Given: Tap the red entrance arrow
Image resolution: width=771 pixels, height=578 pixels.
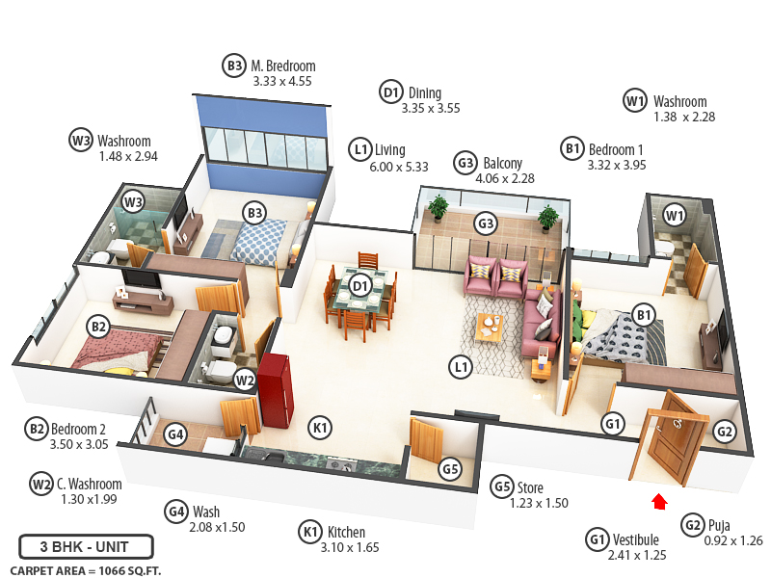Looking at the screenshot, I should pyautogui.click(x=660, y=500).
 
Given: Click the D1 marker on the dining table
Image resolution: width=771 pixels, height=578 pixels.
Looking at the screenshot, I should pyautogui.click(x=360, y=285).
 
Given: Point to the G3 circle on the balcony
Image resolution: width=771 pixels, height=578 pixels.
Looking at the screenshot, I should pyautogui.click(x=487, y=224).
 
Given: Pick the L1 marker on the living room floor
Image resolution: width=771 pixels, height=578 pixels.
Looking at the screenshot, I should pyautogui.click(x=462, y=366).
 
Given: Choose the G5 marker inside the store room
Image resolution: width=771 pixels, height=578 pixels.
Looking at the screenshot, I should pyautogui.click(x=450, y=470).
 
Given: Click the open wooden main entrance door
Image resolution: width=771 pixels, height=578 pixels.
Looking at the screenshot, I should pyautogui.click(x=667, y=438).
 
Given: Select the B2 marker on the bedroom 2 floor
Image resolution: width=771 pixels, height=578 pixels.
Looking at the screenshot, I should pyautogui.click(x=97, y=327).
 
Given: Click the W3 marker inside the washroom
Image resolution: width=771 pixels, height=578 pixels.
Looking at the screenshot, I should pyautogui.click(x=133, y=202).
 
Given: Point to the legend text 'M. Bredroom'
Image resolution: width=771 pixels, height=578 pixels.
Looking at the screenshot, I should pyautogui.click(x=283, y=66).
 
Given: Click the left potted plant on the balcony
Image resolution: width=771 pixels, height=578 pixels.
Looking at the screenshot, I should pyautogui.click(x=439, y=206).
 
